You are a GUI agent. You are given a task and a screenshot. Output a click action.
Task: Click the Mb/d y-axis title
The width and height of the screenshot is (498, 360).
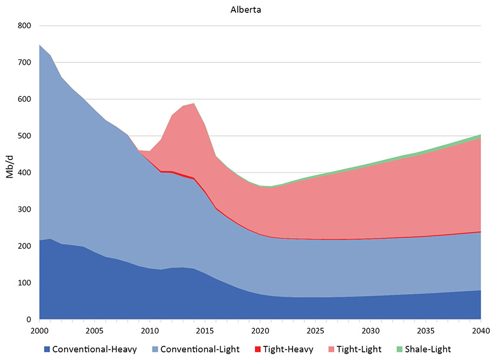pyautogui.click(x=11, y=172)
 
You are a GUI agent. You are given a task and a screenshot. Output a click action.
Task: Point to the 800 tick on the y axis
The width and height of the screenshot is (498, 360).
pyautogui.click(x=25, y=26)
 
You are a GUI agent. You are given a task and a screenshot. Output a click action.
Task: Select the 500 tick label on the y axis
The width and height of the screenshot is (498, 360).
pyautogui.click(x=25, y=136)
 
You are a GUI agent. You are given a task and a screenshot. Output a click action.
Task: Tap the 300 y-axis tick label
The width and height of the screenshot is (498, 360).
pyautogui.click(x=25, y=209)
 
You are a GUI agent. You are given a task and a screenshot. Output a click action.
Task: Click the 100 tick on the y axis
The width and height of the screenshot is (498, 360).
pyautogui.click(x=25, y=283)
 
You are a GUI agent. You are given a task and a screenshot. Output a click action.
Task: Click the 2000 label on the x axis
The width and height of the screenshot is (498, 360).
pyautogui.click(x=39, y=331)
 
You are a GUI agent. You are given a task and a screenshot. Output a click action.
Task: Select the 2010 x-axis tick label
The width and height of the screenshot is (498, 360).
pyautogui.click(x=150, y=331)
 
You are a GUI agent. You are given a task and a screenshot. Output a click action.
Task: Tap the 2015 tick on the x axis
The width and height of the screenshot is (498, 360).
pyautogui.click(x=205, y=331)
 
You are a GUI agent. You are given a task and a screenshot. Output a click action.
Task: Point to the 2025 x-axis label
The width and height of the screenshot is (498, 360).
pyautogui.click(x=315, y=331)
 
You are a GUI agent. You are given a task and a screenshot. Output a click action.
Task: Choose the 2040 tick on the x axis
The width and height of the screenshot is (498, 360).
pyautogui.click(x=481, y=331)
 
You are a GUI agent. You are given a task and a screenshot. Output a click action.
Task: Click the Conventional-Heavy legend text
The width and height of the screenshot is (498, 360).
pyautogui.click(x=95, y=349)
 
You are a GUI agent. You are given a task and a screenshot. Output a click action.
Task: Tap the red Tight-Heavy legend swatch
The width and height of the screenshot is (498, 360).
pyautogui.click(x=257, y=349)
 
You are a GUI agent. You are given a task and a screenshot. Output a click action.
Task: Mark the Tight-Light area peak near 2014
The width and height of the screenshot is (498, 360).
pyautogui.click(x=194, y=104)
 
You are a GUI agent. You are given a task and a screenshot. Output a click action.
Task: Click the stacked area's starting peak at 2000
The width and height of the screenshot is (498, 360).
pyautogui.click(x=39, y=45)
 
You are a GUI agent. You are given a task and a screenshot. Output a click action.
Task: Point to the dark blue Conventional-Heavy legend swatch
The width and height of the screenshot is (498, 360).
pyautogui.click(x=47, y=349)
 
